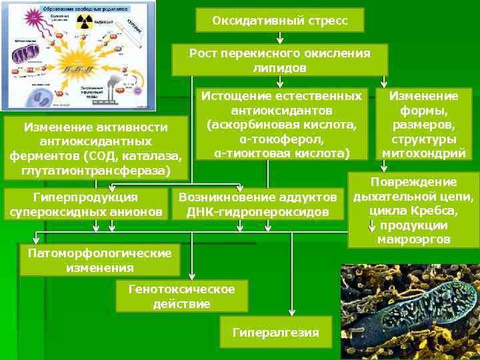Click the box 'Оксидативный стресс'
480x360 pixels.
click(280, 20)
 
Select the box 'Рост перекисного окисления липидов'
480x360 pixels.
click(279, 60)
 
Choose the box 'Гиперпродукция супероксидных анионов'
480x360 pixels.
click(86, 205)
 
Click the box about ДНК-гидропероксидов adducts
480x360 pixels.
click(257, 205)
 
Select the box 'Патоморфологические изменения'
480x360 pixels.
click(99, 260)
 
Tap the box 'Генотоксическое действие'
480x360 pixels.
click(181, 297)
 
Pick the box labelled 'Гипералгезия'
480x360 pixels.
click(276, 332)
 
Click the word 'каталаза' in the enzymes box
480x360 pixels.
click(155, 156)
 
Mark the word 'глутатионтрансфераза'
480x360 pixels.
click(95, 171)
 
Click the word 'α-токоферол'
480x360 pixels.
click(280, 139)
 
